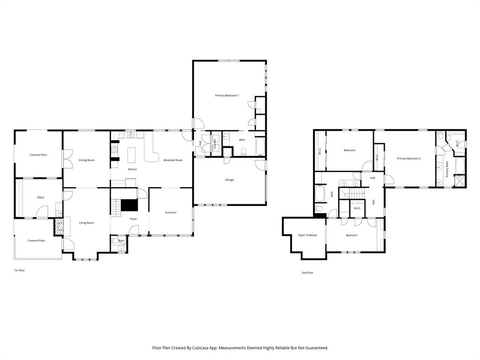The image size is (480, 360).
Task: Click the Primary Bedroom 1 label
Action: (x=227, y=96)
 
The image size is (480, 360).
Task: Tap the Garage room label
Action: (x=229, y=180)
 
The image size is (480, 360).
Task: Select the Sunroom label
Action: (x=171, y=212)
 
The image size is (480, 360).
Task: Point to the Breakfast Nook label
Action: (x=172, y=160)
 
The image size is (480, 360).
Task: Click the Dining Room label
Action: (x=87, y=160)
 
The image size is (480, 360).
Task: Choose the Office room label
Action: (x=41, y=197)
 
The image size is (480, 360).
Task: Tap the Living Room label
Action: (x=86, y=223)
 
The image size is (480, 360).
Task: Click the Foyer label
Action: (x=134, y=219)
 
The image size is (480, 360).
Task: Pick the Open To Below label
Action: (x=307, y=235)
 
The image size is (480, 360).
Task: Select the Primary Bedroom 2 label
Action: (x=409, y=158)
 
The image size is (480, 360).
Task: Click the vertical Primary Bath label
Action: (x=447, y=169)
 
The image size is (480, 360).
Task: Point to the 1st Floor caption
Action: (x=19, y=270)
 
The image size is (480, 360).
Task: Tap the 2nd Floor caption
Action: (x=307, y=272)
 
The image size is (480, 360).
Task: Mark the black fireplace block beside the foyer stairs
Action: (x=129, y=205)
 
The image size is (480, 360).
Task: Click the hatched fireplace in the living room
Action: (x=60, y=227)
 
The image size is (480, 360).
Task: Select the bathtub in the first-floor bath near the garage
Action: (x=260, y=147)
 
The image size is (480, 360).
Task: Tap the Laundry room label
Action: (x=215, y=144)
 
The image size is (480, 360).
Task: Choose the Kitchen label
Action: (x=133, y=169)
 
